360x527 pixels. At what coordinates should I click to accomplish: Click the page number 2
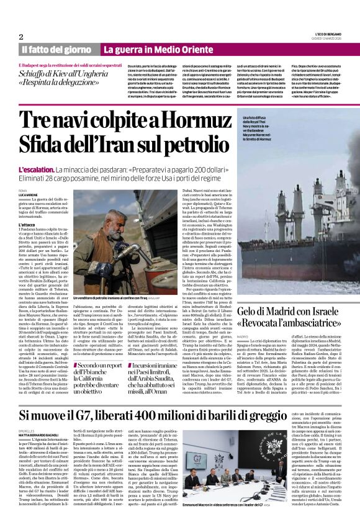[20, 37]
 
